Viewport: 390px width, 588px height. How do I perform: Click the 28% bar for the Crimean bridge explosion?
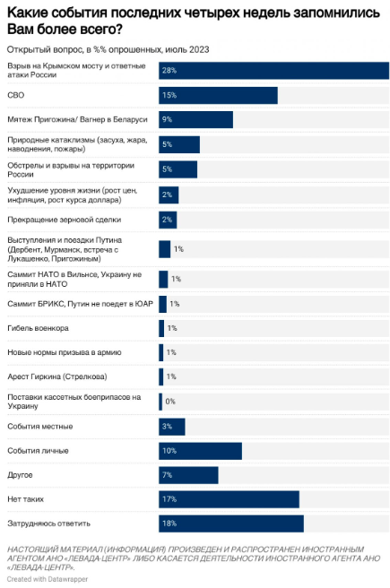point(273,71)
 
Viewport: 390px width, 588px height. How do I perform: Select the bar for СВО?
point(218,95)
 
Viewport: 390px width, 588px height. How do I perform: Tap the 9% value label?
point(168,119)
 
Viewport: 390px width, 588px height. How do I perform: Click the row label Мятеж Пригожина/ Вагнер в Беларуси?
point(78,119)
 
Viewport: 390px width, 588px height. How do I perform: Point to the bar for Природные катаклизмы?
point(179,144)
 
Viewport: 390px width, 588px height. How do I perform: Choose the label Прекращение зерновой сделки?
point(65,220)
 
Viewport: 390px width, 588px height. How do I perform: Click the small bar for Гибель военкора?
point(161,328)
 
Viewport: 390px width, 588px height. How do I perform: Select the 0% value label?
point(170,402)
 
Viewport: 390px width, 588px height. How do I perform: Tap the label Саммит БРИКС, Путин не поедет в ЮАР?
point(81,304)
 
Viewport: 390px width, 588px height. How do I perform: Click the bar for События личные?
point(200,451)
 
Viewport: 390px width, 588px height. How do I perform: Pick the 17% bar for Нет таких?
point(229,499)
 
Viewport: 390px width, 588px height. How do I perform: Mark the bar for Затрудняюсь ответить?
point(231,523)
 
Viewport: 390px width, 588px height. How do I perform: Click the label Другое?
point(20,475)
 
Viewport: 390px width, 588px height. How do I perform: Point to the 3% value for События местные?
point(168,427)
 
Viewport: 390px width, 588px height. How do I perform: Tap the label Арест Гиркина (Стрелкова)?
point(57,376)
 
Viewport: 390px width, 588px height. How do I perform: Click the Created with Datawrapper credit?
point(48,579)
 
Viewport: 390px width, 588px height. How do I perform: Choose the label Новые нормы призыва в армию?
point(65,352)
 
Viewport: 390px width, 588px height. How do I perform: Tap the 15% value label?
point(169,95)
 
